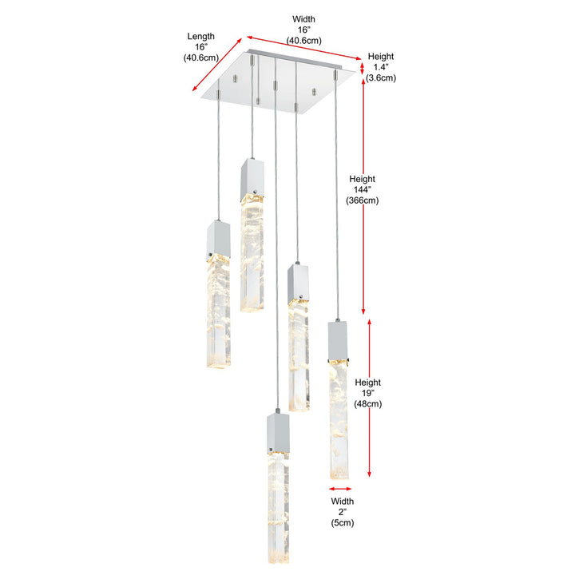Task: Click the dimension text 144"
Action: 363,189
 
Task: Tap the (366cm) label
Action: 363,200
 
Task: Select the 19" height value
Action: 368,393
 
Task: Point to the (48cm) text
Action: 368,404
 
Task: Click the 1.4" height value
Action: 381,67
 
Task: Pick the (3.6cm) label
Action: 381,77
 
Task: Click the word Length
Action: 201,36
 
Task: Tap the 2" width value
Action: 342,512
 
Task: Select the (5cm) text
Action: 343,522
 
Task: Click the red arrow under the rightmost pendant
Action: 340,489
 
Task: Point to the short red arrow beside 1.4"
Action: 362,69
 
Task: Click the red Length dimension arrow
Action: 217,64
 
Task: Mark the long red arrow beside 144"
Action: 363,196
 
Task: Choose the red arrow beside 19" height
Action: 369,398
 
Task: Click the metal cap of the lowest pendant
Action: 278,434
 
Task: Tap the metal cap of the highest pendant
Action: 252,180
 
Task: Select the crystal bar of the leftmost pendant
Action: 219,311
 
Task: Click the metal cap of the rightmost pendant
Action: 337,341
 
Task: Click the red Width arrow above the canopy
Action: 304,48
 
